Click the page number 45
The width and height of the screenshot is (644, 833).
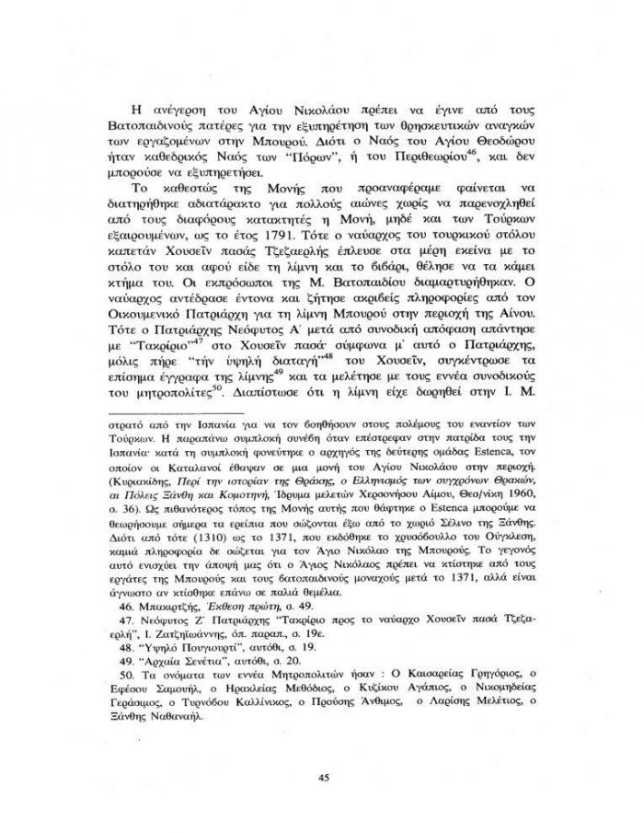323,778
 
